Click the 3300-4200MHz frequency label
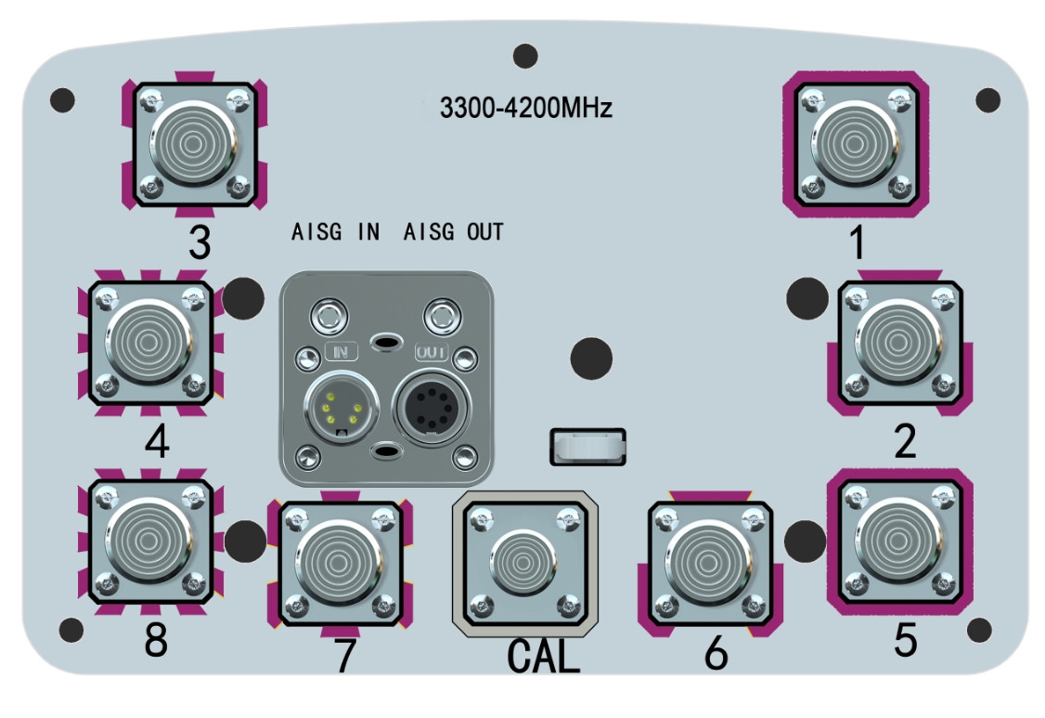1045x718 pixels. (525, 110)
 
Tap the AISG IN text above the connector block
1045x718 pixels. (336, 232)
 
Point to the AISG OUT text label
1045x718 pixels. (454, 232)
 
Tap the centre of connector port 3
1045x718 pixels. (194, 143)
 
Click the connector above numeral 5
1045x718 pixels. (899, 539)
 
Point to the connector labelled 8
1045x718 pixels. (151, 541)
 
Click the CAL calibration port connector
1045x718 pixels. (523, 561)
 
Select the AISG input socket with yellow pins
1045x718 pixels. (336, 407)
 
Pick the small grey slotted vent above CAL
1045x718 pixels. (587, 447)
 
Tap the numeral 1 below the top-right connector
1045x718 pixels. (857, 243)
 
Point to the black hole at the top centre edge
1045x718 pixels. (525, 56)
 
